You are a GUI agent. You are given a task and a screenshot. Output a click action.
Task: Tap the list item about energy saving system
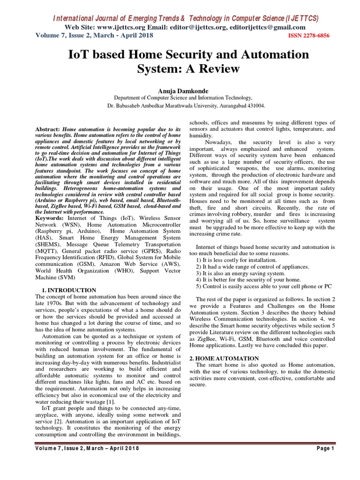[x=240, y=273]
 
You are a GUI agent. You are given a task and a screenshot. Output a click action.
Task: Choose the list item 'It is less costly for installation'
[x=236, y=260]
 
